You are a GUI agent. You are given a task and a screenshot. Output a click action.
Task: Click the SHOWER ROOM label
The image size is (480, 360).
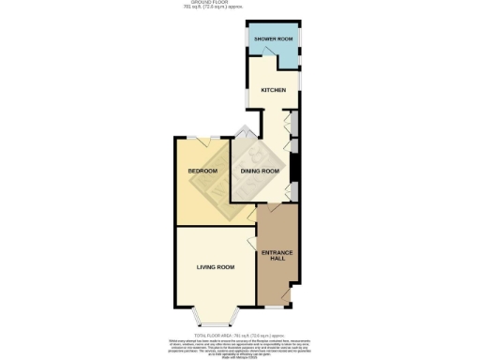(273, 38)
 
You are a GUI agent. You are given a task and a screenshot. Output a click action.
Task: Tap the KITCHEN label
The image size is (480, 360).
(273, 91)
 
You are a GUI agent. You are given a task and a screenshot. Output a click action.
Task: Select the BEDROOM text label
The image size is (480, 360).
(202, 171)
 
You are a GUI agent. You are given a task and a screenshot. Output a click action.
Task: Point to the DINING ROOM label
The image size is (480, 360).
(261, 171)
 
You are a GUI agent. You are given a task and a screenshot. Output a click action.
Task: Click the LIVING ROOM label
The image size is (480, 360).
(215, 267)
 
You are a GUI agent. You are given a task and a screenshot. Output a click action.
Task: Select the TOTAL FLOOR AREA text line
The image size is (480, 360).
(239, 334)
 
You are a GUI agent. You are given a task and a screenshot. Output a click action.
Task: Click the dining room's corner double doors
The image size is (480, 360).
(246, 134)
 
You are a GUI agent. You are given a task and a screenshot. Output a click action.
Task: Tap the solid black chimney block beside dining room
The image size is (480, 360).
(295, 168)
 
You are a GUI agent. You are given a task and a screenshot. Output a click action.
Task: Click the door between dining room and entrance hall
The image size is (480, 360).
(280, 200)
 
